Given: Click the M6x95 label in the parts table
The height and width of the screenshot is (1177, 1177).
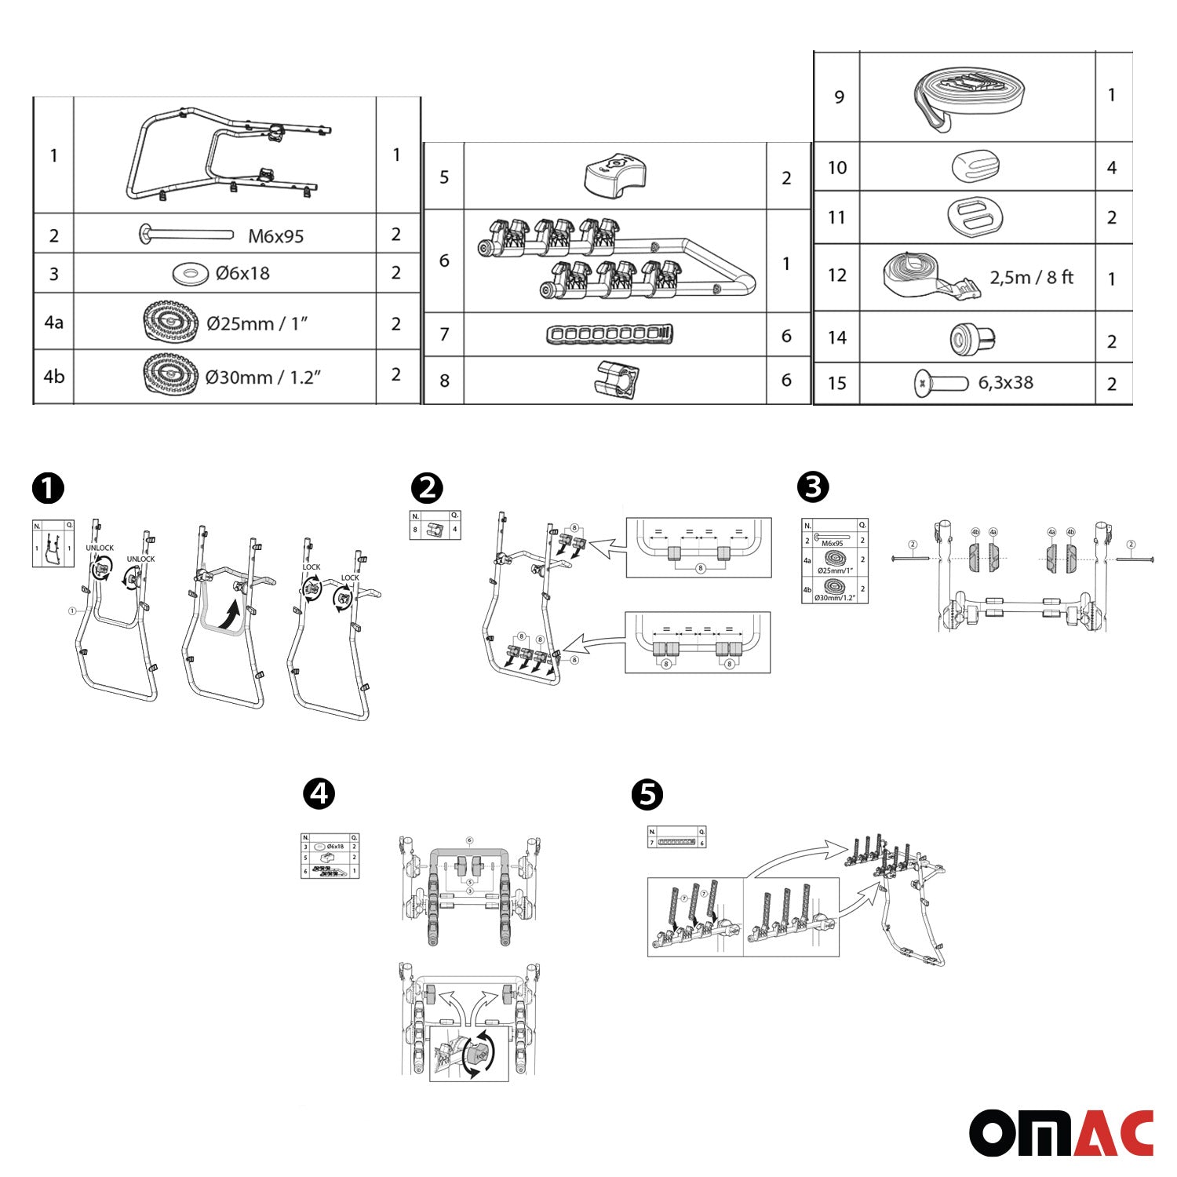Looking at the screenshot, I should (275, 236).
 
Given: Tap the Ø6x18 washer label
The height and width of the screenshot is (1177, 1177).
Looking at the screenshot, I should (242, 273).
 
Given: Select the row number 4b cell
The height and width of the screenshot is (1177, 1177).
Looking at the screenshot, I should (53, 377).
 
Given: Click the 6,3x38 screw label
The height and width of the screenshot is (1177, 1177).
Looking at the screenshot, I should (1005, 383).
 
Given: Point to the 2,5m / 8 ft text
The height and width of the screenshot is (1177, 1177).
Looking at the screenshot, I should (1031, 277).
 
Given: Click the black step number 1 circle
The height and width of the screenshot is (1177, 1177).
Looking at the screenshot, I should (48, 489).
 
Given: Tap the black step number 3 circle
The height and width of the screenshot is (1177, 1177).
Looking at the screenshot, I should (813, 486).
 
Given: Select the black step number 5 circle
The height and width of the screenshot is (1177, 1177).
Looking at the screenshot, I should (647, 794).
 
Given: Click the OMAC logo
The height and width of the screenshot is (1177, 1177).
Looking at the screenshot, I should (1061, 1132).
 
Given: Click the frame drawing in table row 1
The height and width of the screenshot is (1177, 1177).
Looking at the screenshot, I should (228, 155).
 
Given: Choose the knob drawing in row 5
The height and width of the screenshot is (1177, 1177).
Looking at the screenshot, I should (614, 176).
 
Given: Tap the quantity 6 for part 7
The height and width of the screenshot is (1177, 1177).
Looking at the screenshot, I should (786, 336).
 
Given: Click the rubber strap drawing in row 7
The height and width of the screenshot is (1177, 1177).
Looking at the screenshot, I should (610, 335).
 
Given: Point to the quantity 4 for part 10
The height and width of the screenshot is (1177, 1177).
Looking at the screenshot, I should (1111, 167).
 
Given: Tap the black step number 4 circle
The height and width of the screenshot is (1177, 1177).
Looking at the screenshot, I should (319, 794).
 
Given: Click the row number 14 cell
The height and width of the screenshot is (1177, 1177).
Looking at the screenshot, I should (836, 337).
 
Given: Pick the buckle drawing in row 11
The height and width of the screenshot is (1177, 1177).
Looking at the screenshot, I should (975, 217).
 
